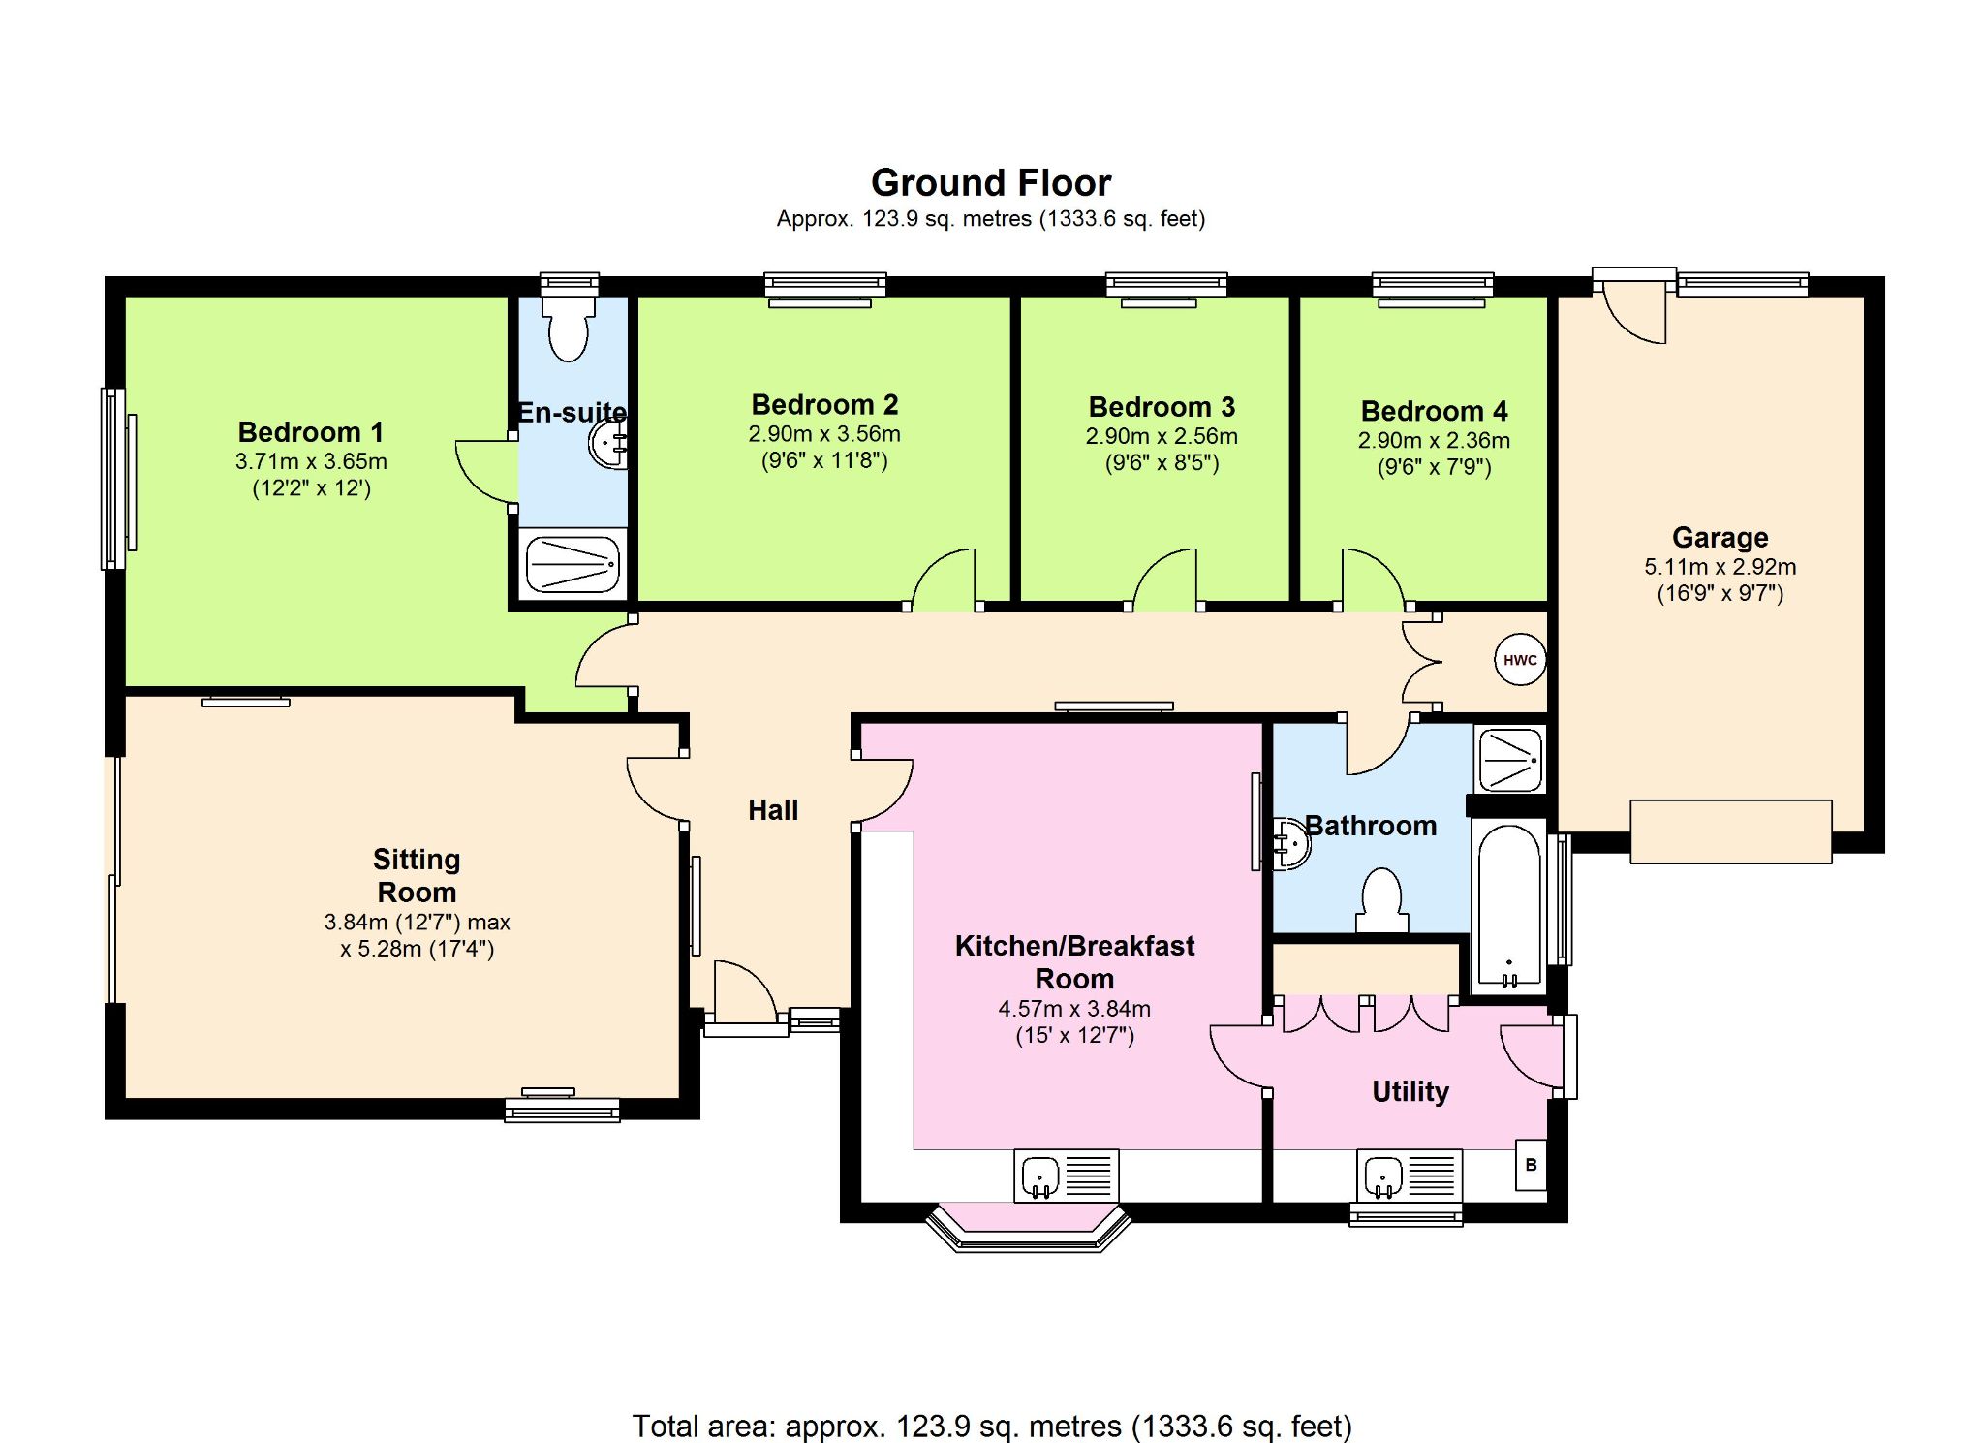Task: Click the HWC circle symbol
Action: coord(1520,660)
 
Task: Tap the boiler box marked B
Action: coord(1531,1165)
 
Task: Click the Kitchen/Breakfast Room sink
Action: coord(1067,1176)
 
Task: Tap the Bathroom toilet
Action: coord(1381,900)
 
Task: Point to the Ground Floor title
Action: coord(991,182)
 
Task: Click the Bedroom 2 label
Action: coord(824,404)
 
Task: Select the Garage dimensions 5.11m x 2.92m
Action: coord(1720,567)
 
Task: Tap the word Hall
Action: coord(773,810)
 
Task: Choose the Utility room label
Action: coord(1410,1092)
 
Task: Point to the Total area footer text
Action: coord(992,1427)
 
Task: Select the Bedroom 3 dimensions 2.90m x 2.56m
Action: coord(1162,436)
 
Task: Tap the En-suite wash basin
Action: coord(609,444)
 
